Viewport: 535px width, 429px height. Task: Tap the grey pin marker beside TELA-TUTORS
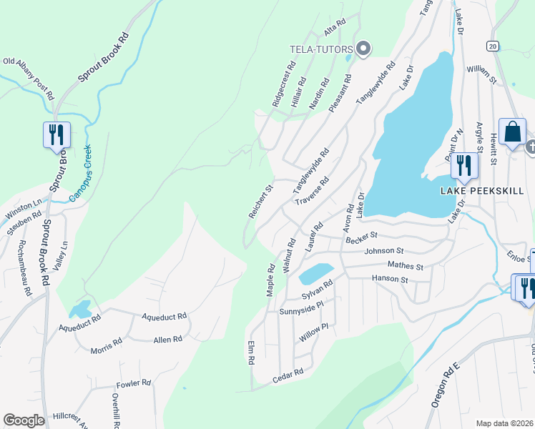(363, 49)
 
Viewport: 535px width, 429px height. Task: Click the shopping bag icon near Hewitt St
(512, 132)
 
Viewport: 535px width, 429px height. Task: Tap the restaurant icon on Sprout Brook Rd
(57, 134)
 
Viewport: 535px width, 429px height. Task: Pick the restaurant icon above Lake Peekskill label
(464, 165)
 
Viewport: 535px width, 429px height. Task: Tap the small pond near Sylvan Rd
(315, 273)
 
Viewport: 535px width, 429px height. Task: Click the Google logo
(24, 420)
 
